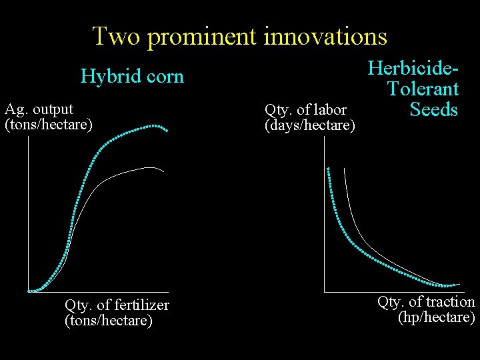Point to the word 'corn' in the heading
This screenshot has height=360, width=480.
163,77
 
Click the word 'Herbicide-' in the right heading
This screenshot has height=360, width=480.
413,68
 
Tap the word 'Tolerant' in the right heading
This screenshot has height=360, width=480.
423,89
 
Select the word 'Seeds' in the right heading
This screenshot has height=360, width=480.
434,109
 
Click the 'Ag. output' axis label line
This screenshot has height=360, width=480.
39,109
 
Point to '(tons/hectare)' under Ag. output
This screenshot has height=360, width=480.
49,124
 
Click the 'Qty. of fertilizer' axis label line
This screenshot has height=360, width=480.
117,305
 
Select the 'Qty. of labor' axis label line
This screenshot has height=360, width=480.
305,110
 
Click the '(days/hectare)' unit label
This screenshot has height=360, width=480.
309,125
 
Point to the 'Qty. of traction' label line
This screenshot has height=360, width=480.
426,302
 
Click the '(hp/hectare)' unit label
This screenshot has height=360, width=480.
436,317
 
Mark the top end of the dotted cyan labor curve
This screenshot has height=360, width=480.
328,168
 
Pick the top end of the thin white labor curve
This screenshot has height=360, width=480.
344,169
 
